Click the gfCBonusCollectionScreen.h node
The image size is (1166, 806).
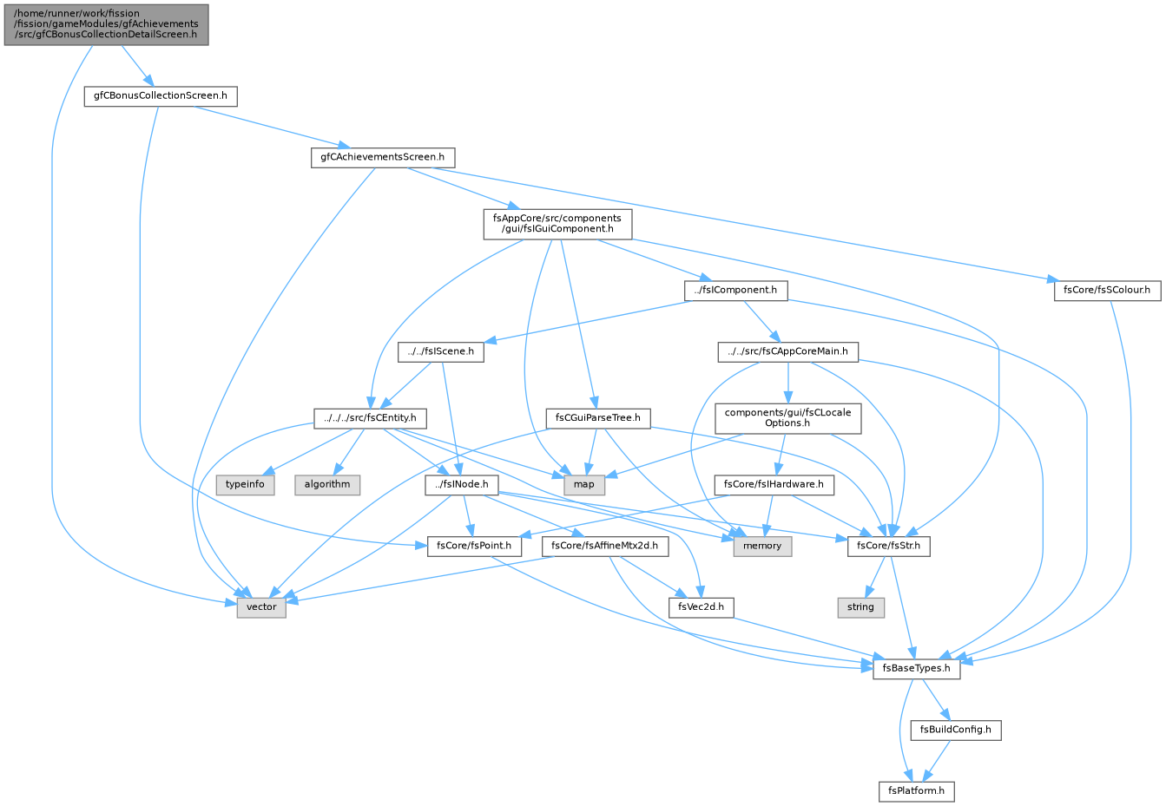[161, 96]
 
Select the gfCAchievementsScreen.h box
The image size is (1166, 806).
[383, 158]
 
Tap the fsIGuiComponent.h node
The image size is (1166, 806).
[557, 224]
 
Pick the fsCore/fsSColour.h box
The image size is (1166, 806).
[1107, 291]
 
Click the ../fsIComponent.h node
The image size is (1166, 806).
[736, 291]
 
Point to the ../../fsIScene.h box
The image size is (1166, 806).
[441, 351]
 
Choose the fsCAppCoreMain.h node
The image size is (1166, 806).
[788, 351]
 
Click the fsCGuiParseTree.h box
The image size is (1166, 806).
[598, 418]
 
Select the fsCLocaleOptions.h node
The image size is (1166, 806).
[788, 418]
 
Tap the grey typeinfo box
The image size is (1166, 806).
[245, 485]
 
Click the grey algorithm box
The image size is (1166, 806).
[327, 485]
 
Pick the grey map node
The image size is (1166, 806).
[584, 485]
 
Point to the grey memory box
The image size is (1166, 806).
[762, 547]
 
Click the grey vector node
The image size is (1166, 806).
[261, 607]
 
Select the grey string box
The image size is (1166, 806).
[861, 607]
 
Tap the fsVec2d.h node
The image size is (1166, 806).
[702, 607]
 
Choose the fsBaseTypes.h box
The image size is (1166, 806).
[917, 669]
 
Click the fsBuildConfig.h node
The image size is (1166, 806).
[956, 730]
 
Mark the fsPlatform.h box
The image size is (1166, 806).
[917, 791]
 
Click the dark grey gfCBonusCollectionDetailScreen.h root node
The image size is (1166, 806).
[106, 24]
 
